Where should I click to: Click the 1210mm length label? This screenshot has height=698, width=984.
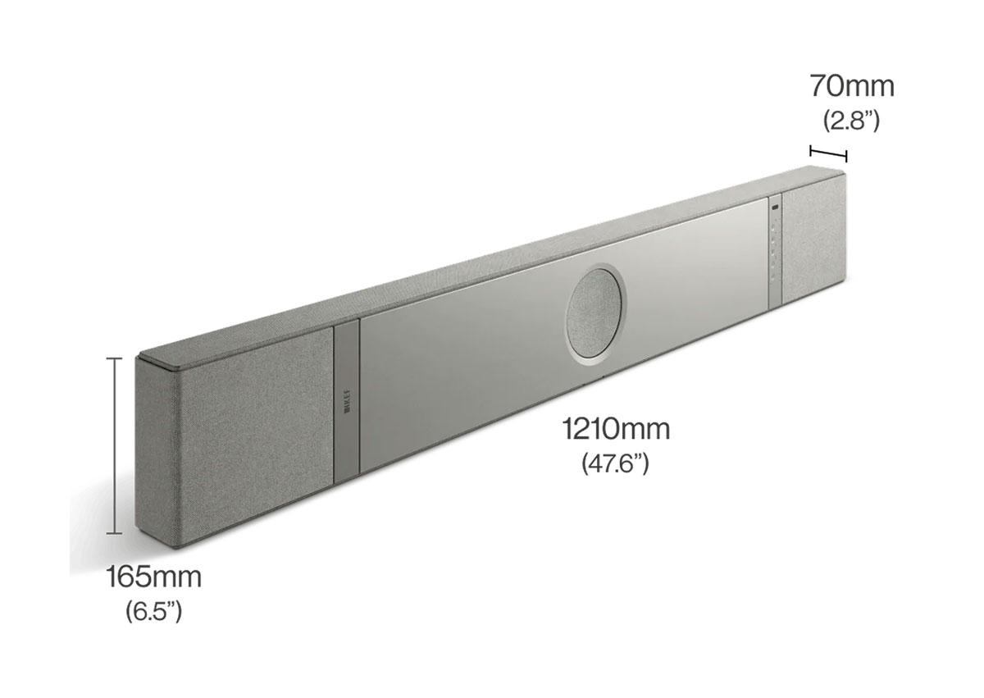point(616,429)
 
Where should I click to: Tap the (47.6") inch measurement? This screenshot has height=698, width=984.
point(616,463)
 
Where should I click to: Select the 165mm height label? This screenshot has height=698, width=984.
point(153,577)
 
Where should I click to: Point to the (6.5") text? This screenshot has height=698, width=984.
point(153,611)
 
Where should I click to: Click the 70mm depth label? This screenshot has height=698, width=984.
point(852,85)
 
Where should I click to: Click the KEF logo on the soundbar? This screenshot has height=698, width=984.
point(344,401)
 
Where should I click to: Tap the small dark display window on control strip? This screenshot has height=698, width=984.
point(775,212)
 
